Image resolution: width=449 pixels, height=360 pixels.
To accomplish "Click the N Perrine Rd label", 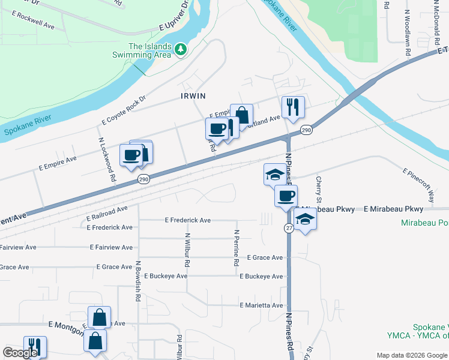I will [x=237, y=248].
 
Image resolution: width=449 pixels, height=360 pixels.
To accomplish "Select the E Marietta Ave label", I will [x=261, y=305].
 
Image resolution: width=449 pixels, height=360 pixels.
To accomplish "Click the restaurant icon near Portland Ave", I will [x=293, y=107].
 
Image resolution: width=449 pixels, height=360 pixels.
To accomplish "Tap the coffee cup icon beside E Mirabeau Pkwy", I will [x=286, y=196].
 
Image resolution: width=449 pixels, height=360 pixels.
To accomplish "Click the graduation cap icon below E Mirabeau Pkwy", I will [x=306, y=220].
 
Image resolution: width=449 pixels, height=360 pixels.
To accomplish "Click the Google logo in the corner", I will [x=20, y=353].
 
